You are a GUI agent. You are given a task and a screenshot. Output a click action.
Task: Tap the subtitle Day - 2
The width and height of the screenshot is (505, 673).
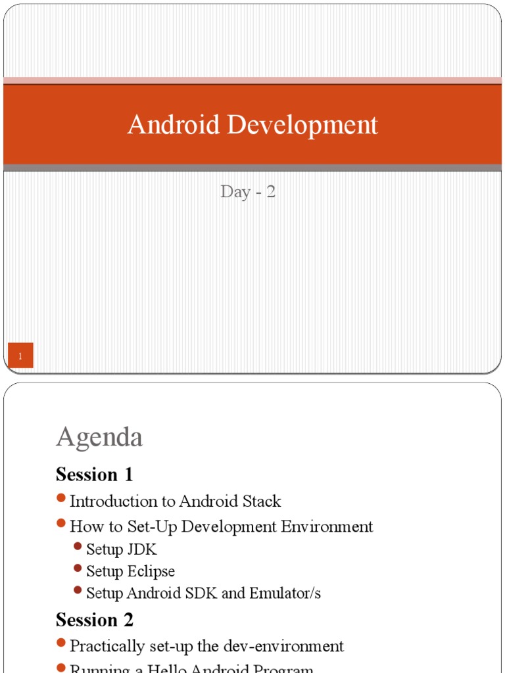248,192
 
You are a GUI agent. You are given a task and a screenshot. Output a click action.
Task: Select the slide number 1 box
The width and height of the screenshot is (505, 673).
21,356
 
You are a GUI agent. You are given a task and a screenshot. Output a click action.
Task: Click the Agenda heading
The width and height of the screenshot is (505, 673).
99,437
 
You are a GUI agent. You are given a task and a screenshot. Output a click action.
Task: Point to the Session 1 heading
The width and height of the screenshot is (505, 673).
95,474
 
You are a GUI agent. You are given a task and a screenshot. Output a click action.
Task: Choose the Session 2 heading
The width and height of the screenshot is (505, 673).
95,620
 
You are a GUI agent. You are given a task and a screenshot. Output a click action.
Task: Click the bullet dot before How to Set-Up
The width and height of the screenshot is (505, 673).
61,524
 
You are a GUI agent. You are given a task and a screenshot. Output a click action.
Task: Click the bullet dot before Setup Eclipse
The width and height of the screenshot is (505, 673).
78,569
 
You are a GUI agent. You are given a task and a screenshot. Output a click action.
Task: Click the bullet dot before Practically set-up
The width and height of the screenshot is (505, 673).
61,643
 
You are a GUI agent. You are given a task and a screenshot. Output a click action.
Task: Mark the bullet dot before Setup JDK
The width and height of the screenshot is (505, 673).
78,547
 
